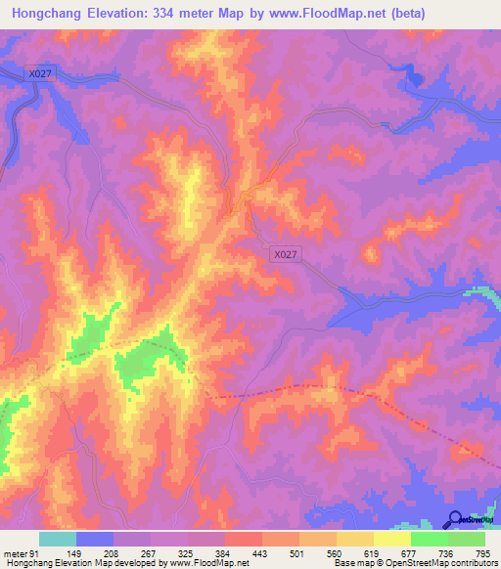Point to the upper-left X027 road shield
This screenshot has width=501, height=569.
click(40, 72)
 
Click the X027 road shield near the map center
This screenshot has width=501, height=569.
click(285, 254)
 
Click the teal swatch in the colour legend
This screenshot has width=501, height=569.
click(57, 540)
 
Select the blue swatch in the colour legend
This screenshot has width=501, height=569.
click(95, 540)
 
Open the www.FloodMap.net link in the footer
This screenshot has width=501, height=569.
click(206, 563)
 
